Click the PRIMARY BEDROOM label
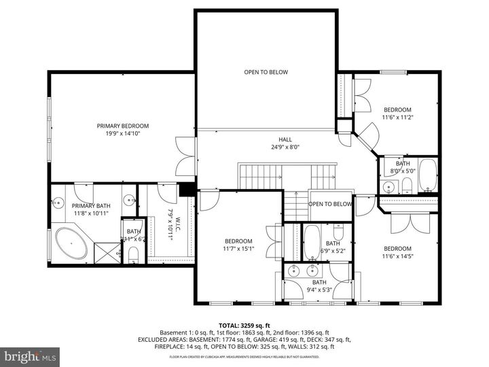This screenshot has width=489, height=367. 122,126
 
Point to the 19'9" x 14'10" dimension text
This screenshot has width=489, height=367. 122,134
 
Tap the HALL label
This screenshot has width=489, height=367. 275,139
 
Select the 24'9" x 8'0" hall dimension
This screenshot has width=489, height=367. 275,147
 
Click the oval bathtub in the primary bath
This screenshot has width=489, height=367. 71,243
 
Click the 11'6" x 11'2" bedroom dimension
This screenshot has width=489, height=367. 397,118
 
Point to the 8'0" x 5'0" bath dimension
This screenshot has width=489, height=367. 403,171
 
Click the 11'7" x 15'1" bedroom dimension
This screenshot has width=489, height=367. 239,249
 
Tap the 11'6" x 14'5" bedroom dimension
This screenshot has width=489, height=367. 397,256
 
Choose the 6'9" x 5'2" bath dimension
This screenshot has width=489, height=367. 333,251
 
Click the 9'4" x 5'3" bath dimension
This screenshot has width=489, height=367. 319,290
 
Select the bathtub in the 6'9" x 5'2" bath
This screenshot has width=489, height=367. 312,243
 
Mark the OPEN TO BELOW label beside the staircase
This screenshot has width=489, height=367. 331,204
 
